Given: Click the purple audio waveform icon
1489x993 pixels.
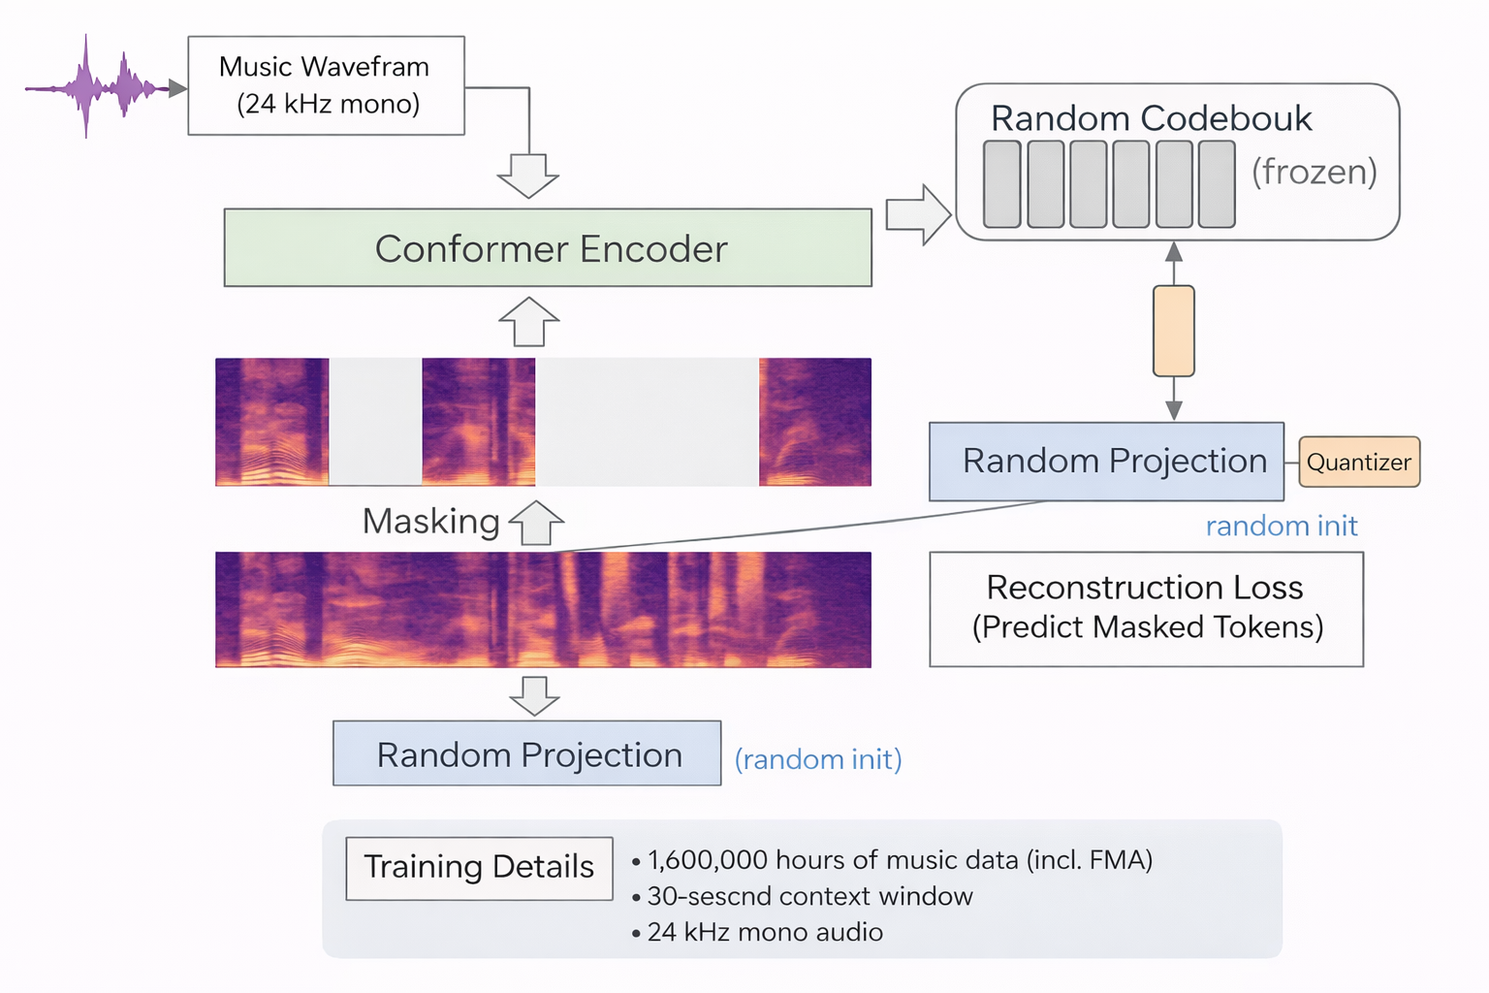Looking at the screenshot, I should [97, 88].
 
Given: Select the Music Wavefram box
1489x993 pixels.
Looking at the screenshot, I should [326, 85].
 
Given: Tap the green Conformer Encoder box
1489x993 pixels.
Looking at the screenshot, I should [548, 247].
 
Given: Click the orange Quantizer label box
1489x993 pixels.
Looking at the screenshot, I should [1358, 462].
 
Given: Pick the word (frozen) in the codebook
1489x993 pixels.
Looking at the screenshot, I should [1314, 172].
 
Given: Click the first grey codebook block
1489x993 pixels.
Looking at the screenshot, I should [1001, 184].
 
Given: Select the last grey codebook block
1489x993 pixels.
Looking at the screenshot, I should [1217, 184].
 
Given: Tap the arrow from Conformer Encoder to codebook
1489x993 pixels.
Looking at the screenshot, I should [917, 214].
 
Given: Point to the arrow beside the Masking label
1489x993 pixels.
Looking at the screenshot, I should [536, 523].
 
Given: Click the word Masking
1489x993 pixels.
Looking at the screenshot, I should [430, 521].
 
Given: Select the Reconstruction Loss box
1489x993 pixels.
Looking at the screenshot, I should [1146, 609].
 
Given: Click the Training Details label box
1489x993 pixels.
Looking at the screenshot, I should [479, 868].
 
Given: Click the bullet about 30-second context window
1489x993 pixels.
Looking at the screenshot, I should [809, 896].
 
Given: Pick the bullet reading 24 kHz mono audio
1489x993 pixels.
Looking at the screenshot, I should [765, 932].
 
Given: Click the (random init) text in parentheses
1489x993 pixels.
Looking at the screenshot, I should [818, 759].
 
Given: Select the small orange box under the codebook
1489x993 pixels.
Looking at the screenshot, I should [1173, 331].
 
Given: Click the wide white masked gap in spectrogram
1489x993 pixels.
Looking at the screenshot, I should [647, 422].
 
